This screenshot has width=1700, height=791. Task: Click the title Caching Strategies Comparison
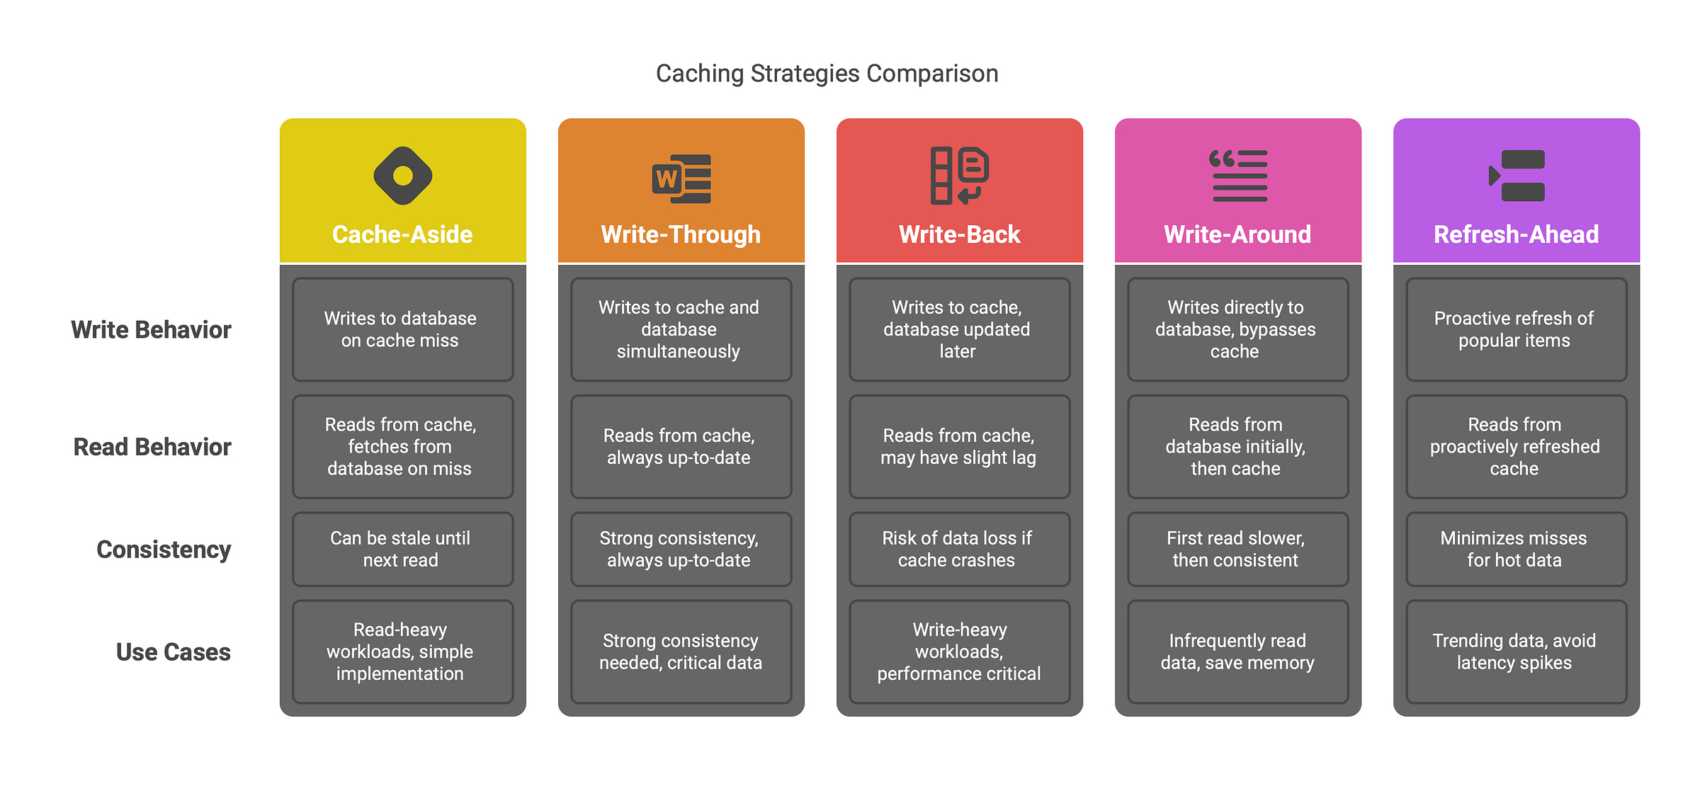[827, 74]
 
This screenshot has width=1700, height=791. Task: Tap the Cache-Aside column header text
[402, 234]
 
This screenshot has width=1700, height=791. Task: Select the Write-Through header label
[681, 234]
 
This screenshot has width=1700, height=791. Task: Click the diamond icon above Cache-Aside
[403, 176]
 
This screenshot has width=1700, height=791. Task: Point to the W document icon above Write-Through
[681, 178]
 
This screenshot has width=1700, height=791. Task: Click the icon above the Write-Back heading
[959, 176]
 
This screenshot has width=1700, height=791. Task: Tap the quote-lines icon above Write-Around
[1238, 176]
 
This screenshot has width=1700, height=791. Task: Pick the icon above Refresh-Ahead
[1517, 176]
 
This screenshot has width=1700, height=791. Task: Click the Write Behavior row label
[151, 330]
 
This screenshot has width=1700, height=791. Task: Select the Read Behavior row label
[152, 448]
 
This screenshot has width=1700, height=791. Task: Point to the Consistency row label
[164, 550]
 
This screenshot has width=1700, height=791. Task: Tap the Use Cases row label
[174, 652]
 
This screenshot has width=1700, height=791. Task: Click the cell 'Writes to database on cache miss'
[402, 329]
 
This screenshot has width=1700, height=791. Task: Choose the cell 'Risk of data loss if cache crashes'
[959, 550]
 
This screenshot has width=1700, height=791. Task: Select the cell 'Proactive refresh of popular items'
[1516, 329]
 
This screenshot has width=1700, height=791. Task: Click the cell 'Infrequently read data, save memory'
[1237, 651]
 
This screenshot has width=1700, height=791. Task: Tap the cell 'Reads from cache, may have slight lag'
[959, 447]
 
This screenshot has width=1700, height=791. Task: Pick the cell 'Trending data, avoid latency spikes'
[1516, 651]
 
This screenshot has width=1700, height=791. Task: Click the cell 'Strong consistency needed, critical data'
[681, 651]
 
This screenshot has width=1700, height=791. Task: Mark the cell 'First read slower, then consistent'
[1237, 550]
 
